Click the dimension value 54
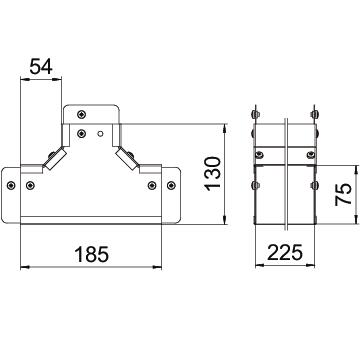(x=41, y=66)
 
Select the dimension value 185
(x=92, y=254)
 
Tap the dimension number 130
(x=213, y=174)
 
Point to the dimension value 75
(x=343, y=194)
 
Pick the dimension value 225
(x=285, y=252)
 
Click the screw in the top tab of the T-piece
(x=81, y=114)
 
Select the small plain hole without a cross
(x=100, y=134)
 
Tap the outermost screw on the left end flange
(x=11, y=185)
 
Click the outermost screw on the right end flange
(x=171, y=185)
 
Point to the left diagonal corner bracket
(x=55, y=159)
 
